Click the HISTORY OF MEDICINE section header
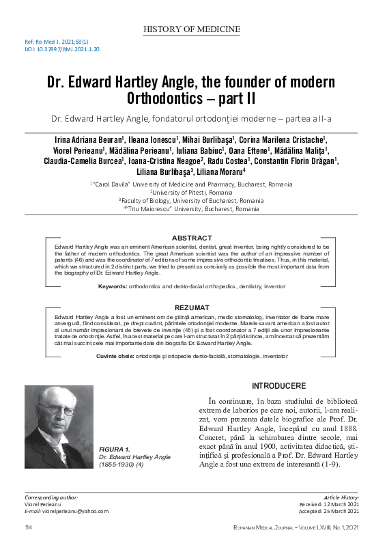(193, 29)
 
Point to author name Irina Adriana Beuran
(85, 139)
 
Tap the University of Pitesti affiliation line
(194, 193)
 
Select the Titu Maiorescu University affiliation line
(194, 208)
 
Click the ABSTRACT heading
(193, 237)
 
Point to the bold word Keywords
(113, 287)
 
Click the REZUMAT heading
(193, 308)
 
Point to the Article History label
(342, 497)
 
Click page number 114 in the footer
(29, 528)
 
